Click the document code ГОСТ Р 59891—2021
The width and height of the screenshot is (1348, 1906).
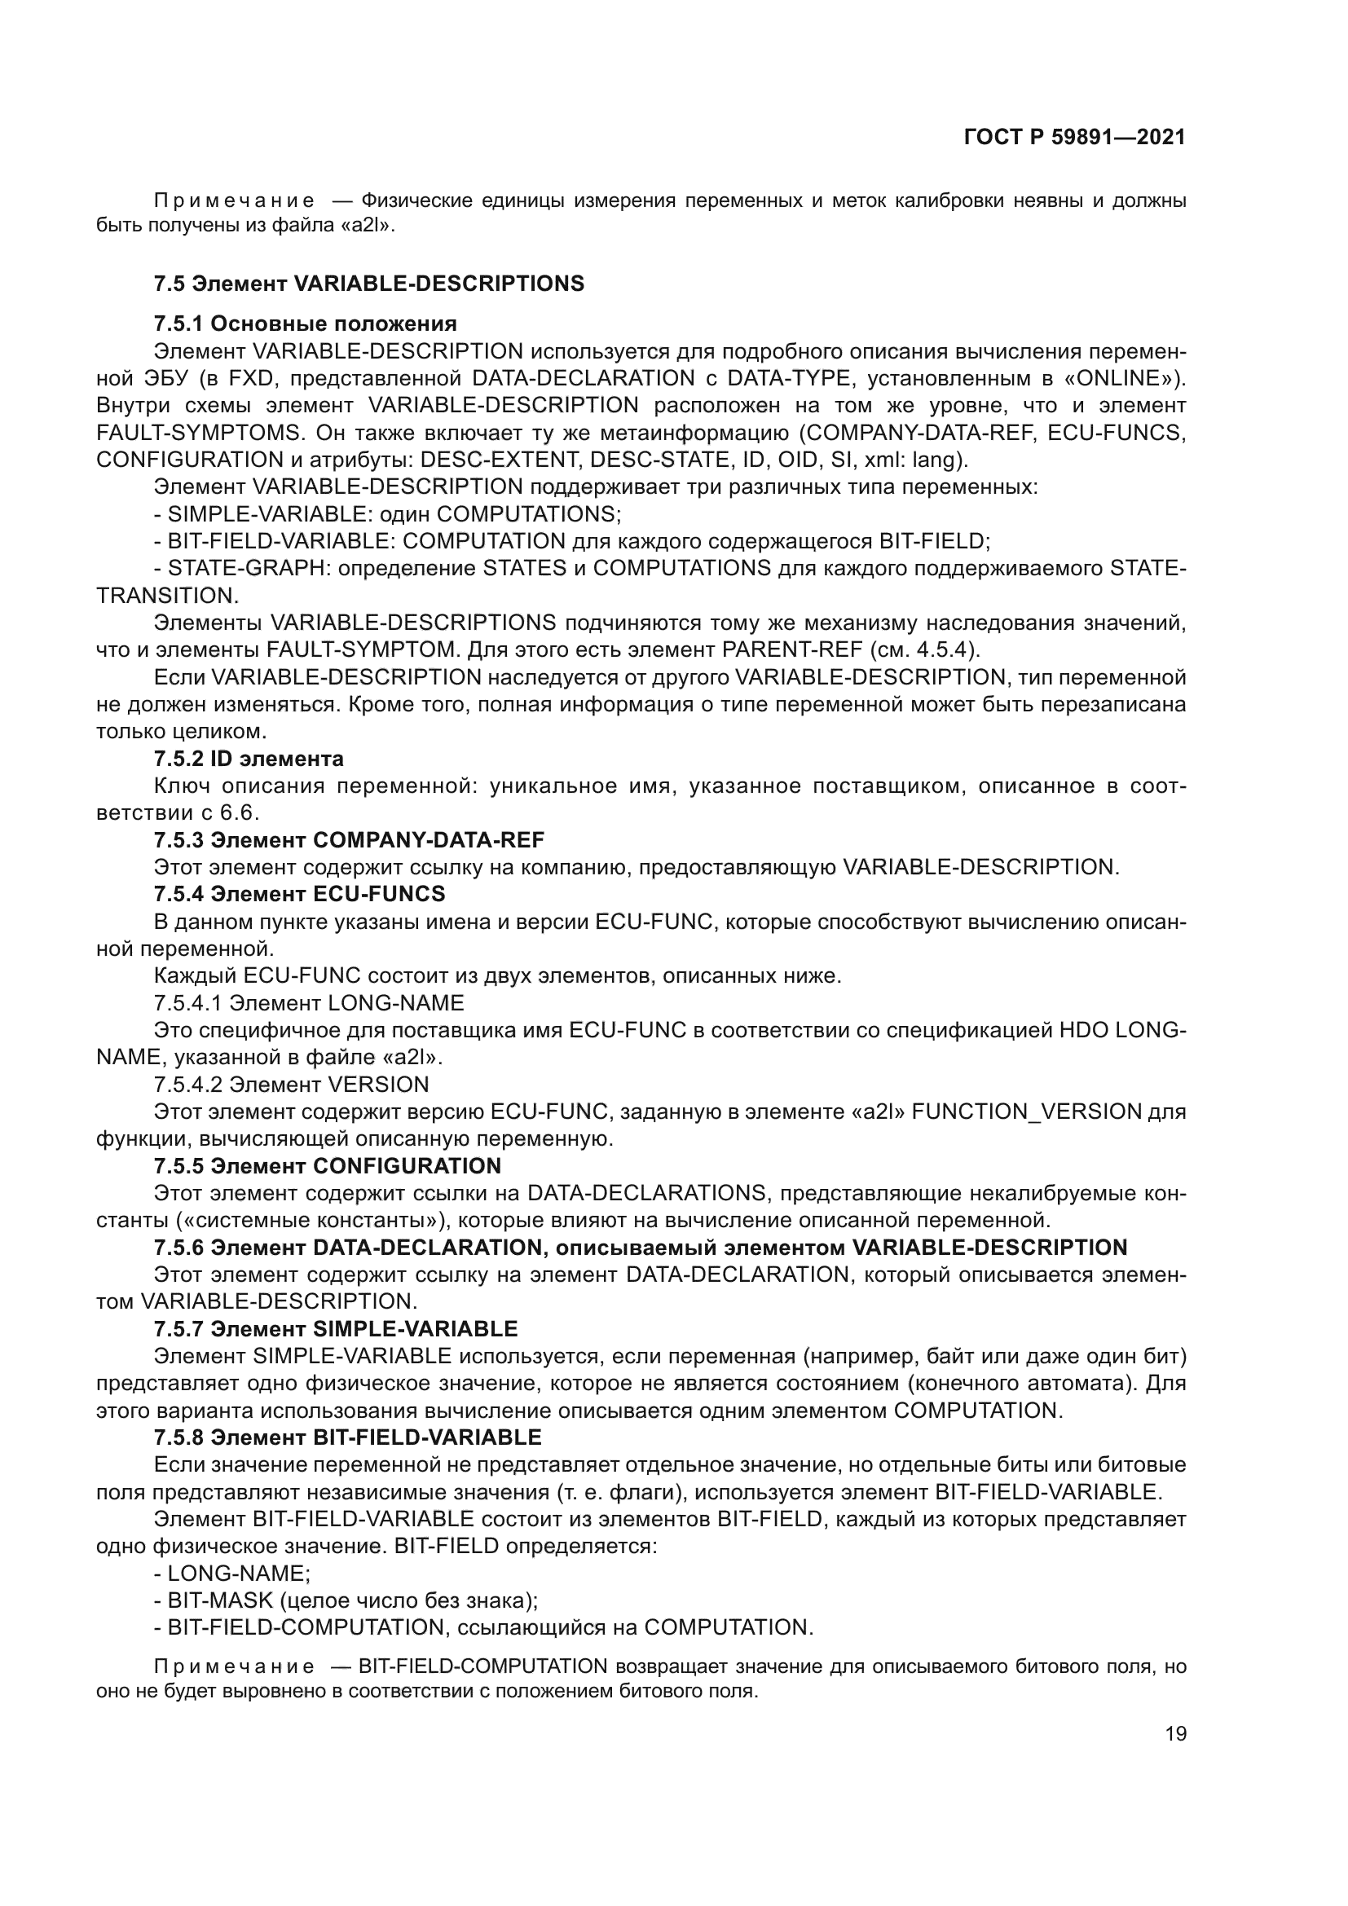(1074, 138)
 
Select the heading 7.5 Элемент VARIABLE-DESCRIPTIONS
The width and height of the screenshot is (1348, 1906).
(368, 284)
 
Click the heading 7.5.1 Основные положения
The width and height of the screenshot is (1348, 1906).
(305, 324)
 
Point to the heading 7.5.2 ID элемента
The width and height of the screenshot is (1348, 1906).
(249, 759)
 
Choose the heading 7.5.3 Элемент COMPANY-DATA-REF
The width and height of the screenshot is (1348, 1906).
(349, 840)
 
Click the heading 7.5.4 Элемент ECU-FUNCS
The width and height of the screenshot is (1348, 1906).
(299, 894)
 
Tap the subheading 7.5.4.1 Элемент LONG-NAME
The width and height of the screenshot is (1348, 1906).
(309, 1003)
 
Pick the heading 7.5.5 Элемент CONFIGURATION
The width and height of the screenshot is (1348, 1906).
(327, 1165)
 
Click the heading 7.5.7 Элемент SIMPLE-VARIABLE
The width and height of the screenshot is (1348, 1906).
(335, 1329)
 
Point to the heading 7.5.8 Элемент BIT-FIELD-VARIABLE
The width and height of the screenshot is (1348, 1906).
(347, 1437)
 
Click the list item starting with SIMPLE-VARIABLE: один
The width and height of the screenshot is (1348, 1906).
(387, 514)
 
